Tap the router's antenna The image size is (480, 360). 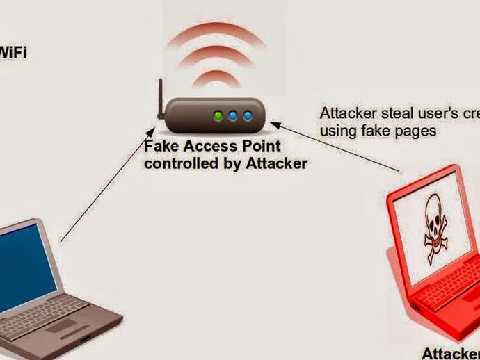(x=159, y=101)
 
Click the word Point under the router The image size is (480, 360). (x=259, y=147)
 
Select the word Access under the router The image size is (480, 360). (x=210, y=147)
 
